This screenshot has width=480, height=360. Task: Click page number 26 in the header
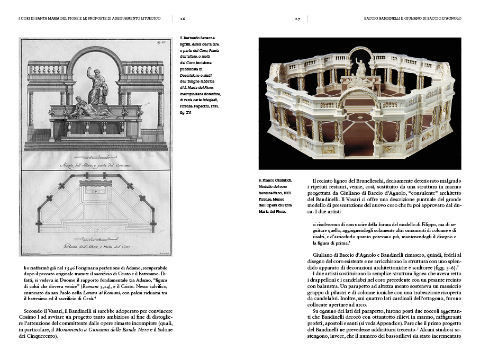pos(182,18)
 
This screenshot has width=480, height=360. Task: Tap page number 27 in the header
pos(298,18)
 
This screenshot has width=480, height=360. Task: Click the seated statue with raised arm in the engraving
pos(98,85)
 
